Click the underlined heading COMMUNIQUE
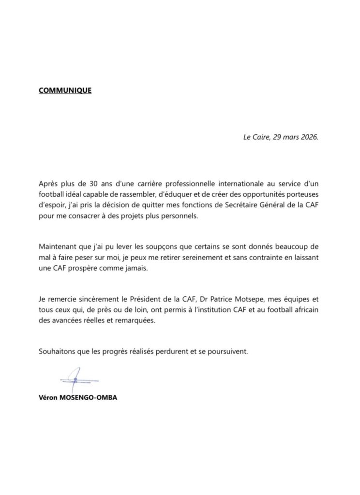pos(65,90)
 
